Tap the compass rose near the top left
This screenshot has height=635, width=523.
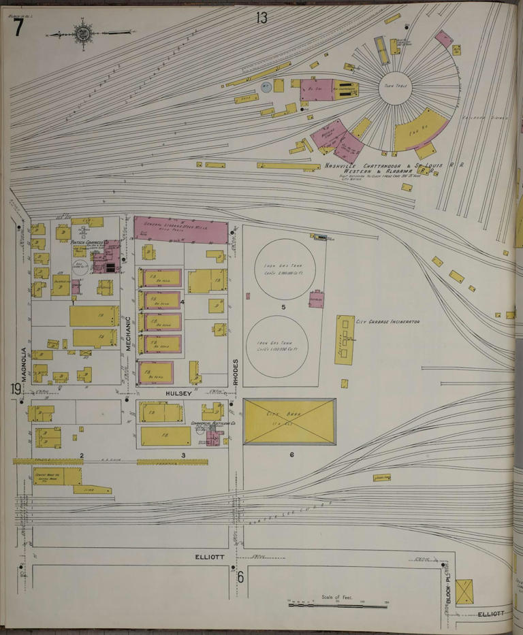click(83, 33)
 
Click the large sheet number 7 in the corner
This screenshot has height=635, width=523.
click(18, 27)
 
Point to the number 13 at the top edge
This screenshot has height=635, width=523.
click(262, 18)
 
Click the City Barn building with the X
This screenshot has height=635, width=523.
click(289, 421)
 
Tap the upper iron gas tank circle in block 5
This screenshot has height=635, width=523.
click(285, 269)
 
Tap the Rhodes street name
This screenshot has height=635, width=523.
click(236, 372)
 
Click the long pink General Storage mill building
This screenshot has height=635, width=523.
click(180, 229)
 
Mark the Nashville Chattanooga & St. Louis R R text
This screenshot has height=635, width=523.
click(394, 165)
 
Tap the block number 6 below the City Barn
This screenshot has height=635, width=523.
click(291, 454)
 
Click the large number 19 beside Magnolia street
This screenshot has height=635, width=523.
click(16, 389)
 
